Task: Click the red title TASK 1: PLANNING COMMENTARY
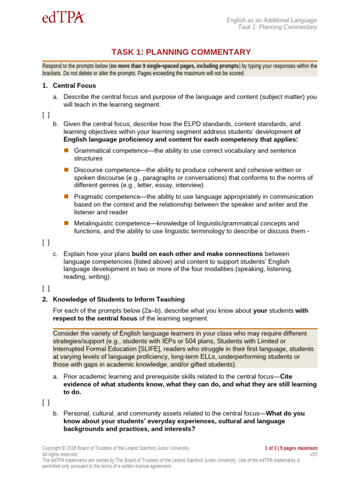tap(181, 52)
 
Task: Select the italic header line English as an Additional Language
tap(271, 20)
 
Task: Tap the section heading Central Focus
tap(74, 86)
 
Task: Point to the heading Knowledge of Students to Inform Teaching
tap(119, 300)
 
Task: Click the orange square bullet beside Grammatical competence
tap(66, 150)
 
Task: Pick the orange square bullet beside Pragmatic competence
tap(66, 196)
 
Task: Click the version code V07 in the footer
tap(313, 455)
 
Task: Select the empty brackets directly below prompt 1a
tap(45, 114)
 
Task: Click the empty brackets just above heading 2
tap(45, 288)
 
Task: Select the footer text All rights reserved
tap(60, 455)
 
